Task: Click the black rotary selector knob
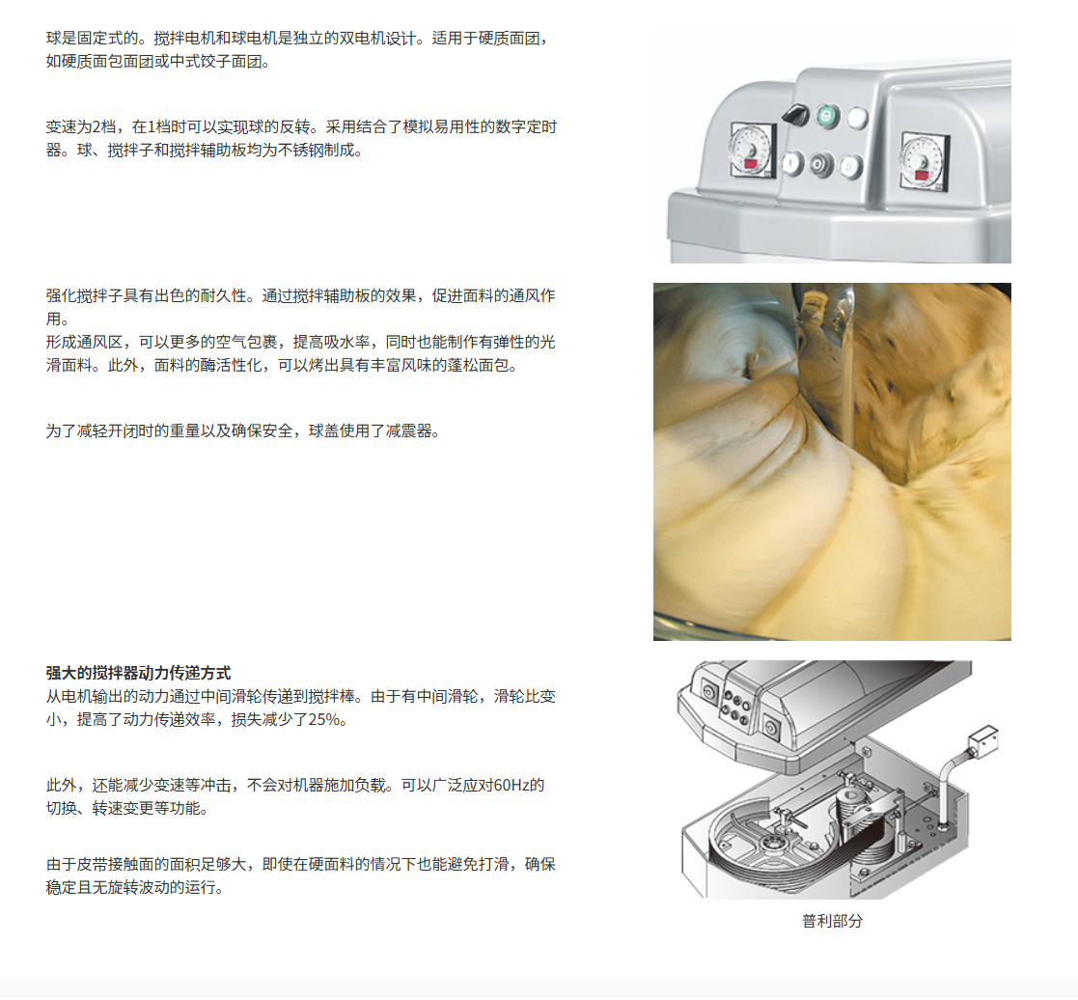coord(797,115)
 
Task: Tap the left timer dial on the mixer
coord(752,150)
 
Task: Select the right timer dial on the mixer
coord(924,161)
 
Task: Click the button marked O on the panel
coord(820,164)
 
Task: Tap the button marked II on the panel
coord(850,166)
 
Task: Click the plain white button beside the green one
coord(857,118)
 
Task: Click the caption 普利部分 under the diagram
coord(832,921)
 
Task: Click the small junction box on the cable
coord(983,740)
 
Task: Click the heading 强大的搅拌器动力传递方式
coord(138,674)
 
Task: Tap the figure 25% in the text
coord(323,720)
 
